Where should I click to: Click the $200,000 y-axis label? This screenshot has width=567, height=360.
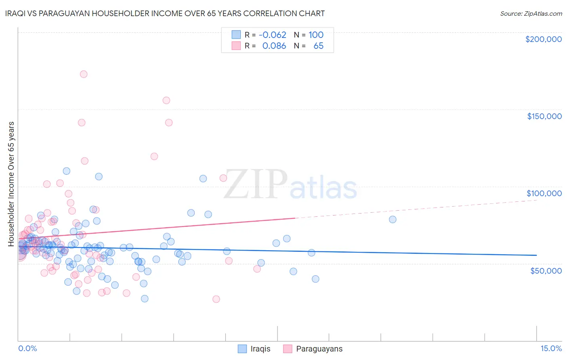(x=543, y=39)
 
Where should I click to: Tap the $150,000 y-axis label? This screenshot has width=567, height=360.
(x=544, y=116)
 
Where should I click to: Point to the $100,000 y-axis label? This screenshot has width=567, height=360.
(x=544, y=193)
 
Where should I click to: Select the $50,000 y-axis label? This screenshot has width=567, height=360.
(x=546, y=270)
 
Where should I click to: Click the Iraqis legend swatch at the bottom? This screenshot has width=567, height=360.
(x=242, y=349)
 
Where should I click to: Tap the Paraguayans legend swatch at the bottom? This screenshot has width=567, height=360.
(x=288, y=349)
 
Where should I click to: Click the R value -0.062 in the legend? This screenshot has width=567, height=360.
(x=272, y=35)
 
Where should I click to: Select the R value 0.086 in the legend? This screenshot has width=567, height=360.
(x=274, y=46)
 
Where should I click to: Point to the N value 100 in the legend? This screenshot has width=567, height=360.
(x=316, y=35)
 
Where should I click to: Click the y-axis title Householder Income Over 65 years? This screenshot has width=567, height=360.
(x=11, y=184)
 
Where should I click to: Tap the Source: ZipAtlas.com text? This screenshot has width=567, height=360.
(x=531, y=14)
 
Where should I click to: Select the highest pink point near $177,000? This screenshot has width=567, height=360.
(x=83, y=74)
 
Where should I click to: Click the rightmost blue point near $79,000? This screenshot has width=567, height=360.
(x=392, y=220)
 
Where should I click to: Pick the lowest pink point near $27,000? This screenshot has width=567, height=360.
(x=216, y=299)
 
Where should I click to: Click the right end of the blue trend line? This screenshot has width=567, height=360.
(x=536, y=255)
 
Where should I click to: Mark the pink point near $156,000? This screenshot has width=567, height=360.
(x=166, y=100)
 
